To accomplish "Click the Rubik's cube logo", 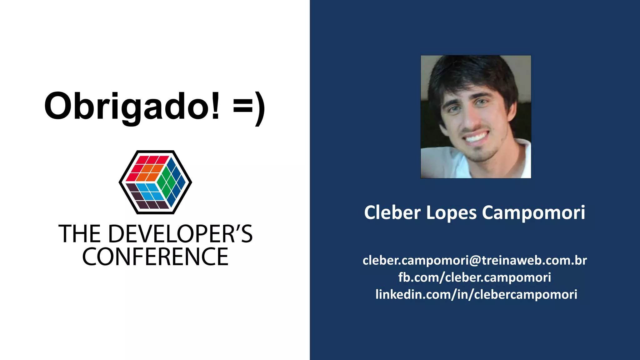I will tap(155, 182).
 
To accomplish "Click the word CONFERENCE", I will tap(155, 257).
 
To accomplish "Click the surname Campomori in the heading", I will tap(533, 213).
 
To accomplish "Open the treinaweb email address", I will tap(474, 260).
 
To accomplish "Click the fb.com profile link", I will tap(474, 277).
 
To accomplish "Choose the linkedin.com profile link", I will tap(476, 294).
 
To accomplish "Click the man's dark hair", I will tap(469, 72).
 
